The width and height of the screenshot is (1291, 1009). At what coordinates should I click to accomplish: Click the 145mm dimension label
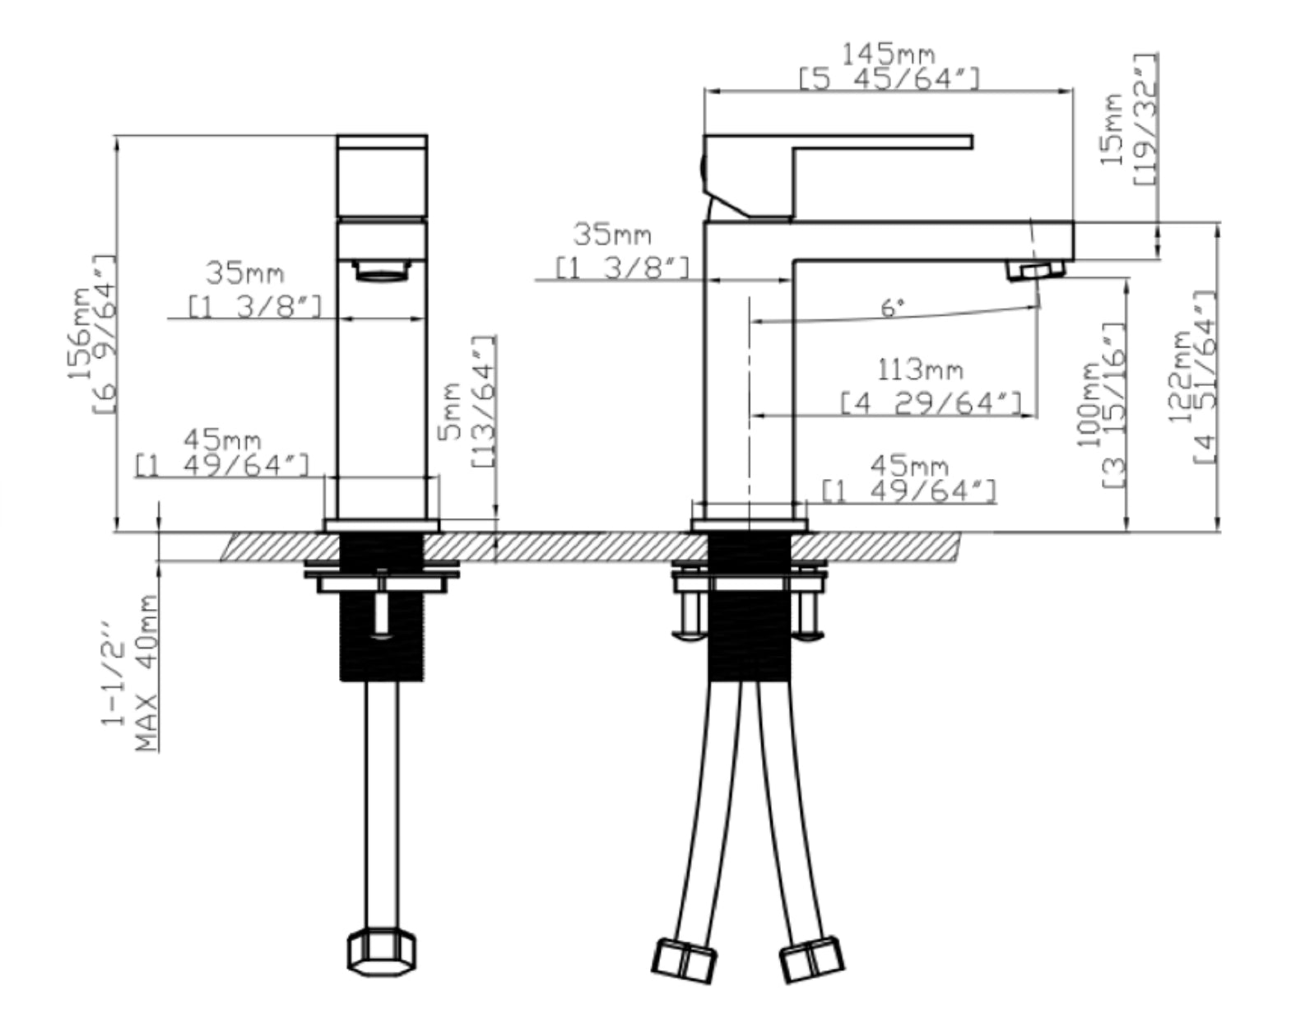pos(889,54)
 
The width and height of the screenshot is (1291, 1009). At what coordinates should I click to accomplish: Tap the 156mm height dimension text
pos(80,333)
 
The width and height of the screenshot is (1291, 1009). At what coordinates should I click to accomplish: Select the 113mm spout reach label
pos(920,371)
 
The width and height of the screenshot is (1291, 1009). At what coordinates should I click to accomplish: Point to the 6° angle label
pos(893,308)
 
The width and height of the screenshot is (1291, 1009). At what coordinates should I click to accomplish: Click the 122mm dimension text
pos(1181,377)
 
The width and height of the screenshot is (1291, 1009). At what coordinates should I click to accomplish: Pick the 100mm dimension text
pos(1089,405)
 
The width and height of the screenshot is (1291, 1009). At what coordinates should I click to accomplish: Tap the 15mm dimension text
pos(1112,129)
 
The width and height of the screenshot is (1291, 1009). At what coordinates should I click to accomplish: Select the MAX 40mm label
pos(146,673)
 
